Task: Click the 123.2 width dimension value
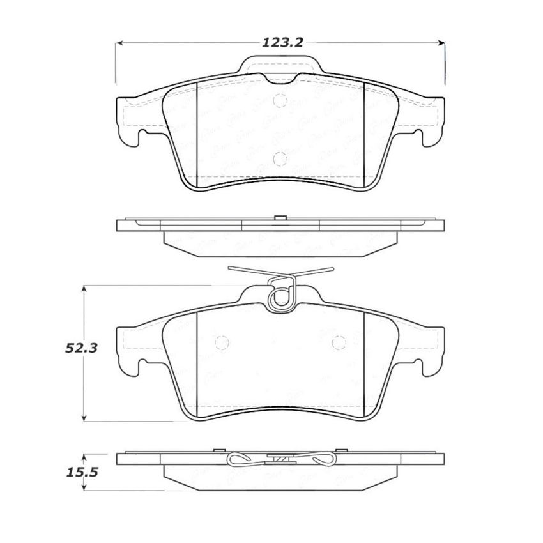point(280,43)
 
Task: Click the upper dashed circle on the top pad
point(279,101)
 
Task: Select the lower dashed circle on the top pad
point(279,159)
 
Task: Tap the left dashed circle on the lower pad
point(222,343)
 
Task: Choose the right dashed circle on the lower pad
point(338,343)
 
